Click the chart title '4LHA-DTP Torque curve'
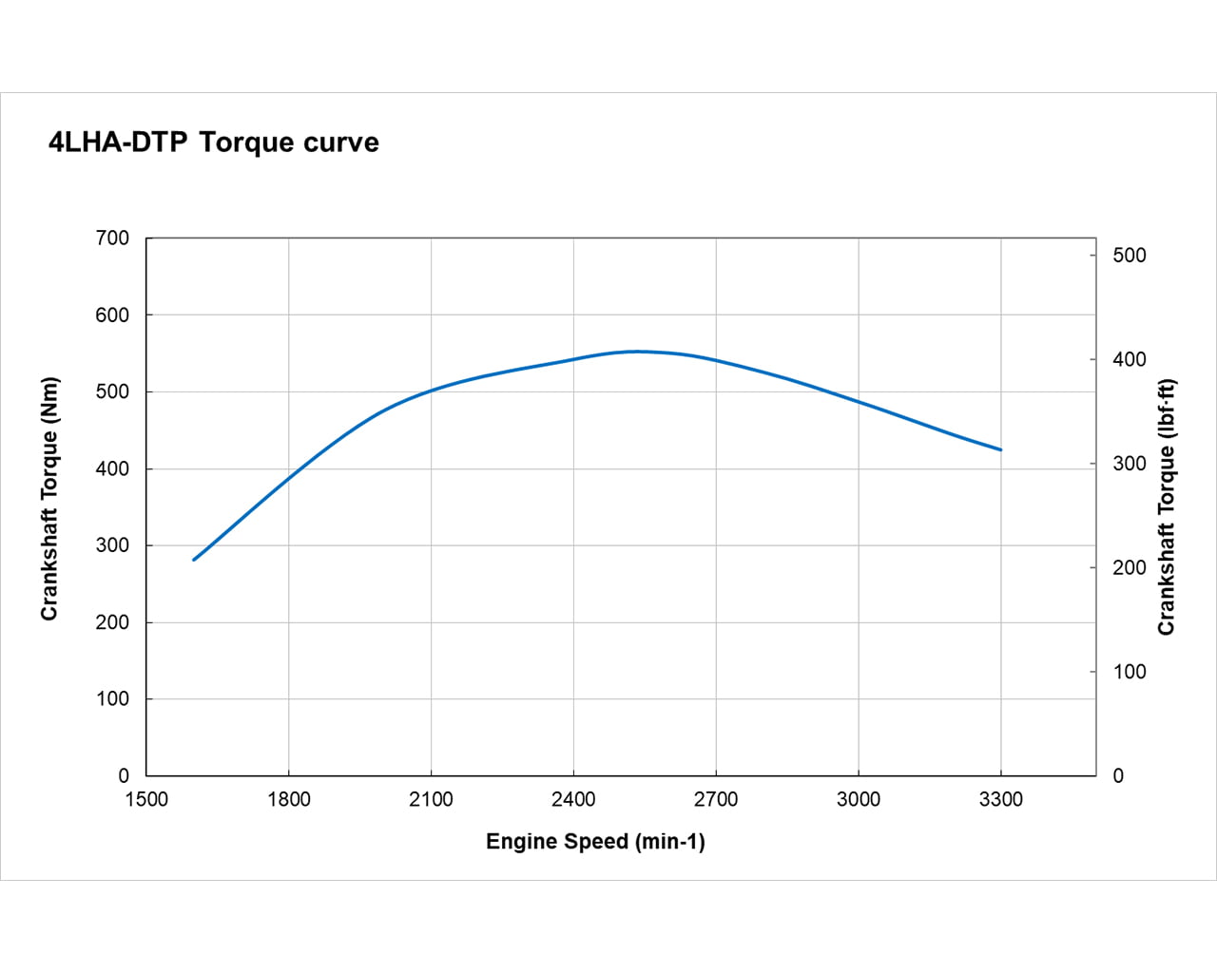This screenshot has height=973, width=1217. click(214, 143)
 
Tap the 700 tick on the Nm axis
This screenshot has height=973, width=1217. click(112, 238)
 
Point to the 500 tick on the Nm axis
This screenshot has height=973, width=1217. click(112, 391)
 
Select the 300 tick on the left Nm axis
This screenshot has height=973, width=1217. click(112, 545)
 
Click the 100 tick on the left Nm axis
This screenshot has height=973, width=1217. click(112, 698)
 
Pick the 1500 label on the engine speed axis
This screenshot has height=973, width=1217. click(146, 800)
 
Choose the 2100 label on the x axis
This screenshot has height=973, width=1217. click(431, 800)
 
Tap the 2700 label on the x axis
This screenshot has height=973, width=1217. click(716, 800)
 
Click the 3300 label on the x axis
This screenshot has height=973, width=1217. click(1000, 800)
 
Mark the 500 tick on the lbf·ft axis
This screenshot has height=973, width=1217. click(1130, 256)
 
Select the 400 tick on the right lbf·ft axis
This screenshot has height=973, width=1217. click(1130, 360)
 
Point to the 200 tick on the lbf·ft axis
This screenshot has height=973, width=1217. click(1130, 568)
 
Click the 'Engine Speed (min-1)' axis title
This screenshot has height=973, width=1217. click(595, 842)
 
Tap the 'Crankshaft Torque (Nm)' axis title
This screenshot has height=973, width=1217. click(49, 499)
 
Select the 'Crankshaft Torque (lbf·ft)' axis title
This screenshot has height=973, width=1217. click(1167, 507)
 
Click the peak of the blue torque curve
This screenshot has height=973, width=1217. click(637, 352)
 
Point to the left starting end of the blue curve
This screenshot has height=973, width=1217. click(194, 560)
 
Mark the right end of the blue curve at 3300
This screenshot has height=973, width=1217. click(1000, 449)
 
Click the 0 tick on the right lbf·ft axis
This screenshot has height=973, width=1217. click(1118, 776)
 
